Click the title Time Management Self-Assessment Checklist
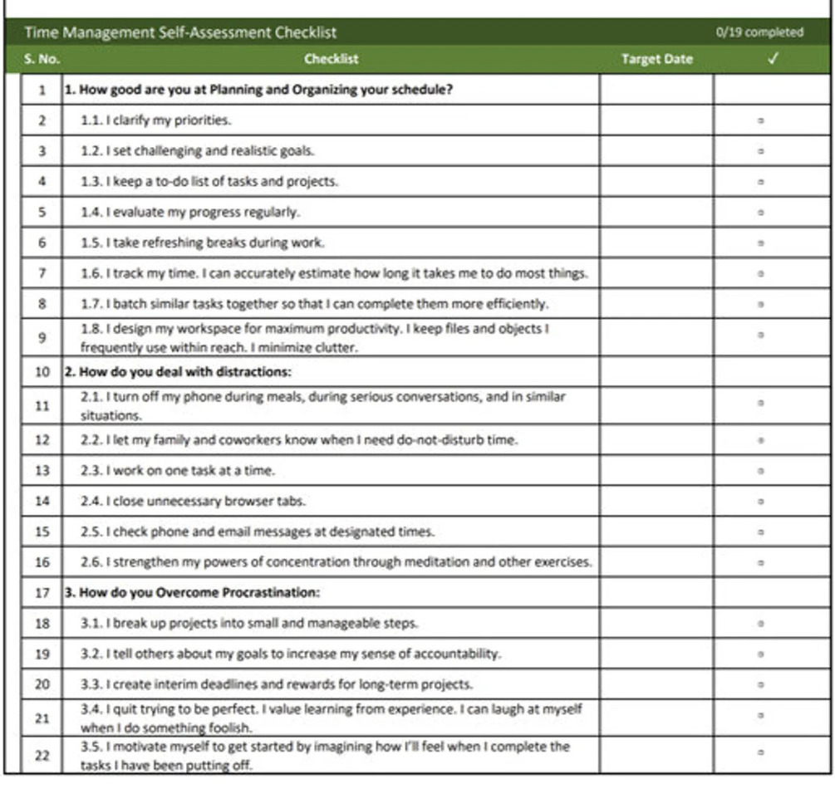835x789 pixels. tap(180, 32)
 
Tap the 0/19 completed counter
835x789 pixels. tap(759, 32)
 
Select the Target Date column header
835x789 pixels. tap(656, 59)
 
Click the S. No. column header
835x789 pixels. tap(42, 59)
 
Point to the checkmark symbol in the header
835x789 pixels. tap(773, 59)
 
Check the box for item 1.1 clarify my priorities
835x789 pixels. tap(761, 120)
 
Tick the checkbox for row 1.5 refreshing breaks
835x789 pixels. tap(761, 243)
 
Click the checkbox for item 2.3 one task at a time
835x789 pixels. tap(761, 471)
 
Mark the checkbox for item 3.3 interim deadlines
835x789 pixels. tap(761, 685)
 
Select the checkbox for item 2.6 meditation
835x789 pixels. tap(761, 562)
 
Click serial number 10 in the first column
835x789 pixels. tap(42, 371)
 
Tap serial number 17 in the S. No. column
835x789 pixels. tap(42, 593)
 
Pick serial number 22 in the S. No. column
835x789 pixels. tap(42, 756)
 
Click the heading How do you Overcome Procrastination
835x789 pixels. tap(193, 593)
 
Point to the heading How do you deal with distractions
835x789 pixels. tap(178, 371)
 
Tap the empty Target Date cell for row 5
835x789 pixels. tap(656, 212)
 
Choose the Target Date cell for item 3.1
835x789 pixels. tap(656, 623)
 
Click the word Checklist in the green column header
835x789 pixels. tap(331, 59)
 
